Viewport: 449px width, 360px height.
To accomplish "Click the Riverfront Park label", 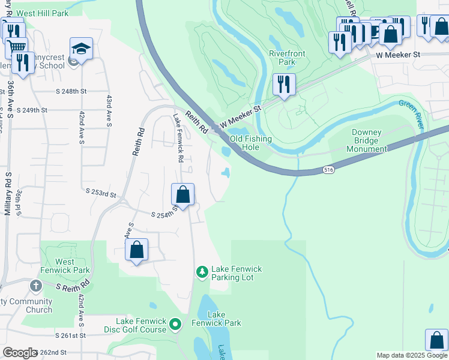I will pyautogui.click(x=286, y=58).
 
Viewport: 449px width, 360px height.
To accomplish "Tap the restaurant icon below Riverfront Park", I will pyautogui.click(x=284, y=84).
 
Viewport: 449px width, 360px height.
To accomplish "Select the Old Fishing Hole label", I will pyautogui.click(x=251, y=143).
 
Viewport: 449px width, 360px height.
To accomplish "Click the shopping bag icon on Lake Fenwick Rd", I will pyautogui.click(x=183, y=194).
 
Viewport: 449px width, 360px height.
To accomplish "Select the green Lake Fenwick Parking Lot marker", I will pyautogui.click(x=202, y=272).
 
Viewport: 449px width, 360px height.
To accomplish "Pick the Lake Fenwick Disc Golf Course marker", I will pyautogui.click(x=175, y=325).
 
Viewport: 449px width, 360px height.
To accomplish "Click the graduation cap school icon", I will pyautogui.click(x=82, y=49).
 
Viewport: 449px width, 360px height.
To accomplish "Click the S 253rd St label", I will pyautogui.click(x=100, y=193).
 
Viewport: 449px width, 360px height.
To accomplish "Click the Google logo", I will pyautogui.click(x=19, y=353).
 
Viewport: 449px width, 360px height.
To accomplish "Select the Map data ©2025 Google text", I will pyautogui.click(x=411, y=355).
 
